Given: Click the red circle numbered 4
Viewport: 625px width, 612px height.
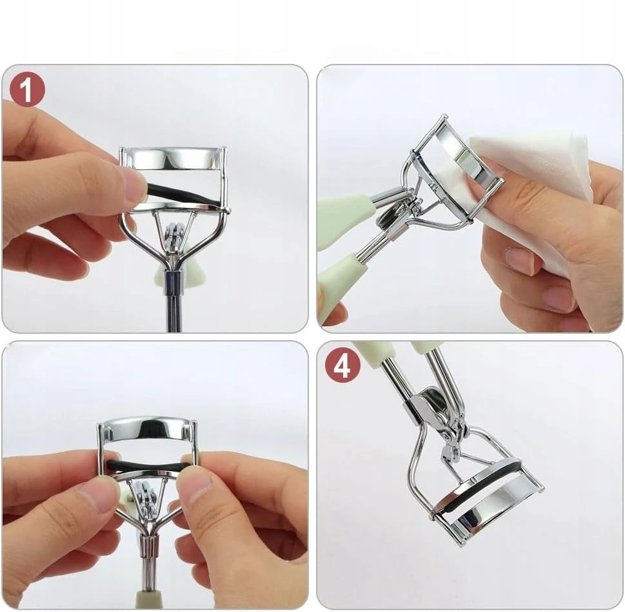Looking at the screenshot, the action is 342,365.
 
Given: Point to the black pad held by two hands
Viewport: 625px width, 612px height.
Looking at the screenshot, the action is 148,465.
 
